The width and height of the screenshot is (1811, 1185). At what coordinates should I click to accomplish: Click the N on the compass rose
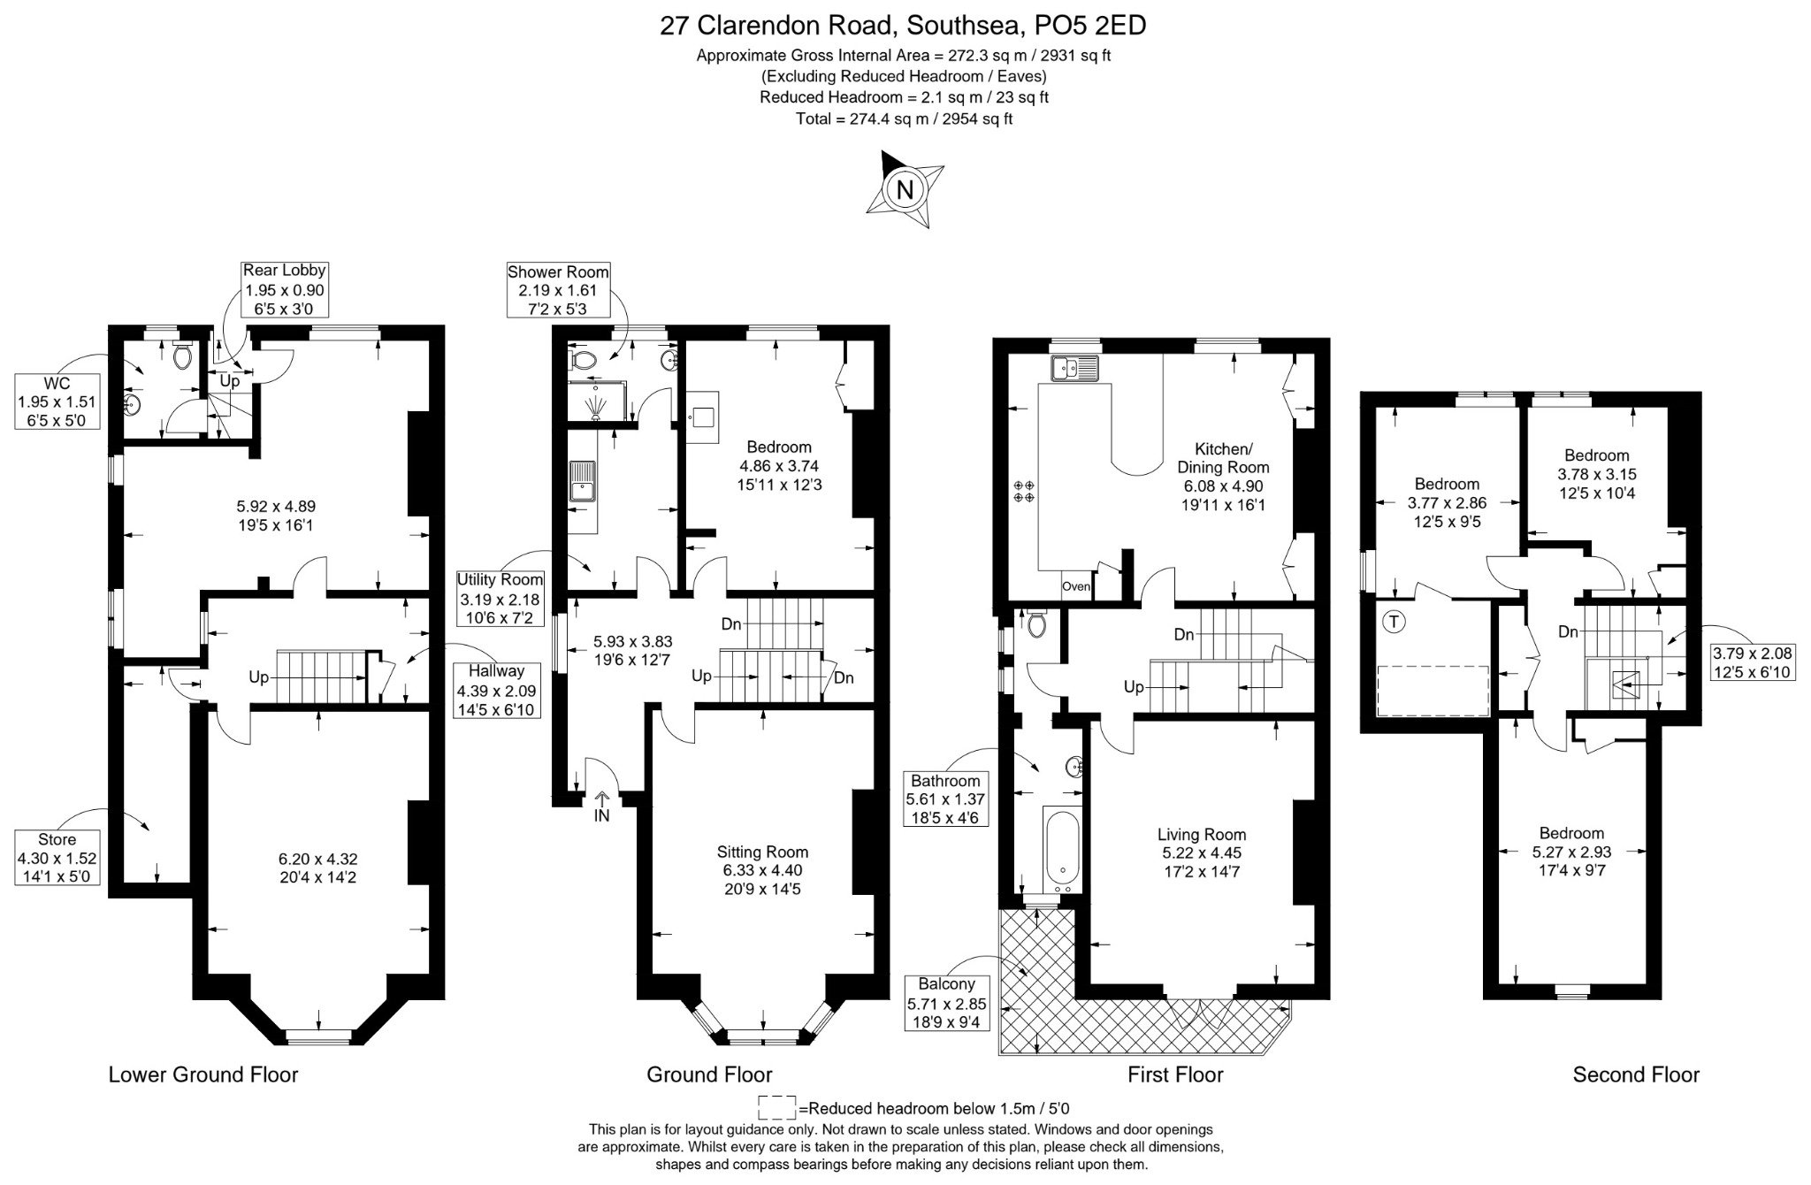coord(905,190)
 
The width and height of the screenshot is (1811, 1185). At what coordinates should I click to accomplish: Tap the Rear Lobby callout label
coord(285,289)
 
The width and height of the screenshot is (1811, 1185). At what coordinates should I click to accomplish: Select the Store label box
coord(57,858)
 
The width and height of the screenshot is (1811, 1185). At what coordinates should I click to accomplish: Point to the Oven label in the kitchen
coord(1076,586)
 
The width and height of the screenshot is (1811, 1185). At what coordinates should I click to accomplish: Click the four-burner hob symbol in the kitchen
coord(1025,492)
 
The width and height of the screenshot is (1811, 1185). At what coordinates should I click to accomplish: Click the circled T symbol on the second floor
coord(1395,622)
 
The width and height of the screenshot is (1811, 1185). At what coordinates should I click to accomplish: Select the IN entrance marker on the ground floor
coord(601,807)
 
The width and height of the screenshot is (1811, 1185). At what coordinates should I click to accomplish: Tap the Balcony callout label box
coord(947,1003)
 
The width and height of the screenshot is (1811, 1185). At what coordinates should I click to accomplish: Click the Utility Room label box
coord(500,599)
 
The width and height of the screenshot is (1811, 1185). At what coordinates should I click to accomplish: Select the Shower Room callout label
coord(558,289)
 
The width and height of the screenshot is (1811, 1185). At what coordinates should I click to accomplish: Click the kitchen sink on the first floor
coord(1074,367)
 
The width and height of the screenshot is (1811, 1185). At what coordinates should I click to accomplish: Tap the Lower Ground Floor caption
coord(203,1074)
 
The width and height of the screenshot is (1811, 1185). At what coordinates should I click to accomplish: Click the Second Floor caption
coord(1636,1074)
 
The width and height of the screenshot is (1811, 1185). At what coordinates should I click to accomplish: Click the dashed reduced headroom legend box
coord(777,1108)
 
